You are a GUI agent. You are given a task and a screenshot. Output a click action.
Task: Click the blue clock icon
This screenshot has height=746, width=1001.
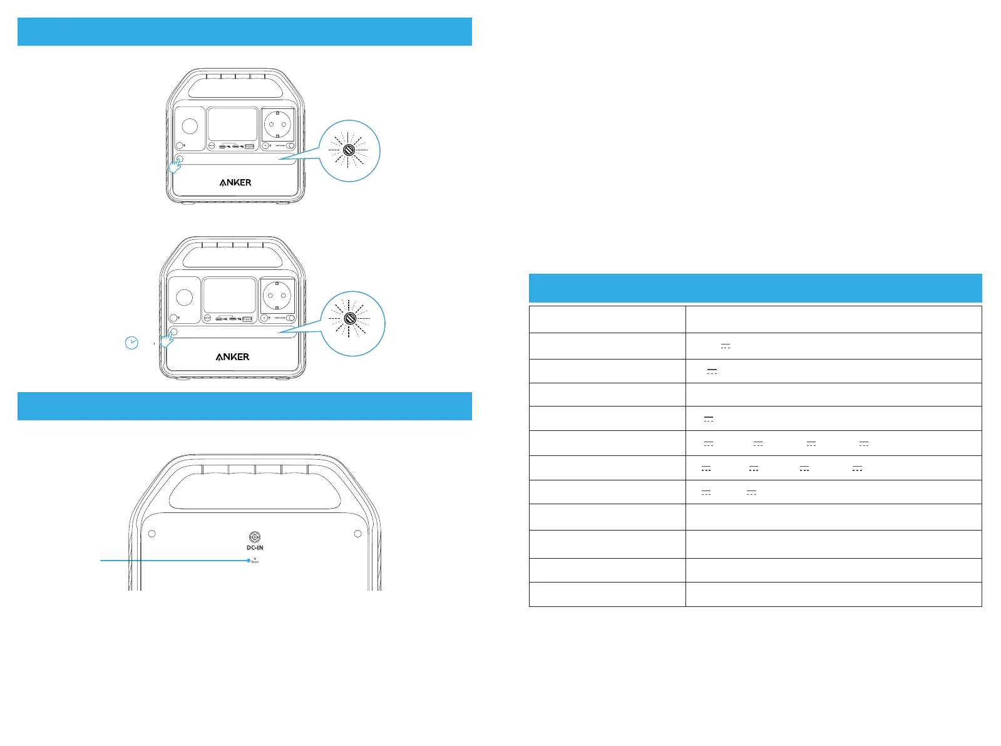coord(131,343)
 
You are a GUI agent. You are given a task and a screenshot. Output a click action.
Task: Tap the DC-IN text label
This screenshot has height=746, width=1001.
coord(255,547)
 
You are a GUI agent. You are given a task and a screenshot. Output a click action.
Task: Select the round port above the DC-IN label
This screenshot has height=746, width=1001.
coord(255,537)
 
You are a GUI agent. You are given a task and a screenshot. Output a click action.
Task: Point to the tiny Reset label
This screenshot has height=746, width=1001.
coord(255,562)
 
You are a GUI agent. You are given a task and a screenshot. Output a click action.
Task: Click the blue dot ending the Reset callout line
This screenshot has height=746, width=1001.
coord(249,561)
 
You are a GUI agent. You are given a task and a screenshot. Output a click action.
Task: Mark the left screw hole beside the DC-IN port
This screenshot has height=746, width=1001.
coord(151,534)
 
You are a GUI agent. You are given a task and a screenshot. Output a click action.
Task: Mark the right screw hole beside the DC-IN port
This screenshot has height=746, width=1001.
coord(357,534)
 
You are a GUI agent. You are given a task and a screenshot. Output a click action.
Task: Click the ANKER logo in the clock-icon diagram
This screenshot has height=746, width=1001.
coord(232,357)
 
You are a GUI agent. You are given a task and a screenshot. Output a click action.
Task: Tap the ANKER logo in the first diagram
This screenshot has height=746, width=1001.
coord(235,183)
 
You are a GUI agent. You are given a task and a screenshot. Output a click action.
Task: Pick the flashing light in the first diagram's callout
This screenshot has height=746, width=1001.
coord(349,150)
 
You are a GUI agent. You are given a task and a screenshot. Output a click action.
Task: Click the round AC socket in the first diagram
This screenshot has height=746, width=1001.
coord(277,125)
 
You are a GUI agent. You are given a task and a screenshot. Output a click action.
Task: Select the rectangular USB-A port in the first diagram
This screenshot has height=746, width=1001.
coord(249,146)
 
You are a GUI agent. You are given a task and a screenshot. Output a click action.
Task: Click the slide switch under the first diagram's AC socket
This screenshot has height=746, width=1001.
coord(290,145)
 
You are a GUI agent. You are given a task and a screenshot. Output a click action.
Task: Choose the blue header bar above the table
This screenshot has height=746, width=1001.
coord(755,288)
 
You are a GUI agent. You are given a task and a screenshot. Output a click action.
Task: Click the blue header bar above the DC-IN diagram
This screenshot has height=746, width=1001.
coord(244,406)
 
